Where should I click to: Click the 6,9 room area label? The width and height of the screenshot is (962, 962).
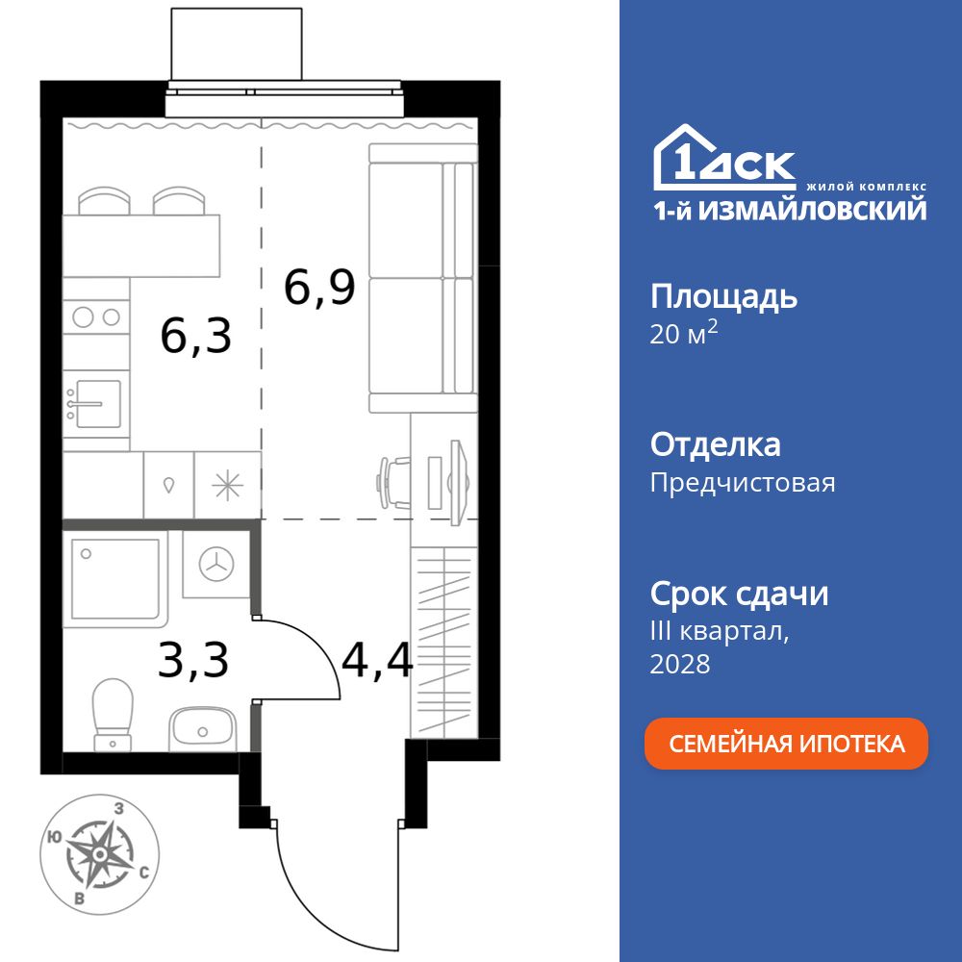[319, 287]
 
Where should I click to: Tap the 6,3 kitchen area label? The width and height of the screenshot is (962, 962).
[196, 337]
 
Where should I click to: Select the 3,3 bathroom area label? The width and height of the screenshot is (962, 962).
[193, 661]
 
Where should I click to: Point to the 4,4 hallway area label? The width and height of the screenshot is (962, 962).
[377, 660]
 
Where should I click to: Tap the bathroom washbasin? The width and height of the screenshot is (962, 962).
[201, 728]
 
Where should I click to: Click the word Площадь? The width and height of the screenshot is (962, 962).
[723, 296]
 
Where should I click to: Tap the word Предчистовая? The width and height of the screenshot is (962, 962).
[743, 482]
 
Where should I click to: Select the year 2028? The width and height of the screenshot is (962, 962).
[680, 663]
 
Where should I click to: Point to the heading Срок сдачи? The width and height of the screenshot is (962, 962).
[739, 594]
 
